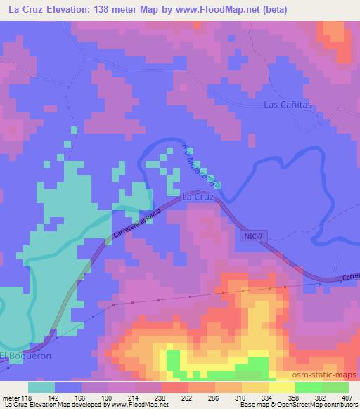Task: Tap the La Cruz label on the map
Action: [198, 197]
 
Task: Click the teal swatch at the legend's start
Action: [41, 387]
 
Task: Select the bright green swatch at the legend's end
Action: [335, 387]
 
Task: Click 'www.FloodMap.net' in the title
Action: [209, 9]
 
